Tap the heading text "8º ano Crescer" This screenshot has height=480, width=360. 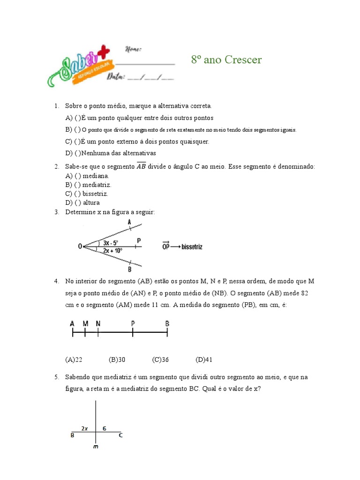coord(226,60)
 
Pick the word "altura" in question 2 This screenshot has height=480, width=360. coord(91,202)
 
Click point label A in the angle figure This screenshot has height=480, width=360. coord(129,222)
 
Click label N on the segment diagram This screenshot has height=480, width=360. coord(97,323)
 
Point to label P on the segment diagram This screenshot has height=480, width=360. coord(133,323)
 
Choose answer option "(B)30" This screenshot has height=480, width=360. coord(117,360)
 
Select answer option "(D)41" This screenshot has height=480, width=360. coord(204,360)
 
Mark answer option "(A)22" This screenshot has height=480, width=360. coord(74,360)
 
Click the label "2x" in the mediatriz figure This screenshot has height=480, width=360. coord(84,428)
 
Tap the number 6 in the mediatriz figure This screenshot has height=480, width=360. coord(105,428)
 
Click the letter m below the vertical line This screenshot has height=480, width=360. coord(95,447)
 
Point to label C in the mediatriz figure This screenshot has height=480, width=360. coord(120,436)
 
